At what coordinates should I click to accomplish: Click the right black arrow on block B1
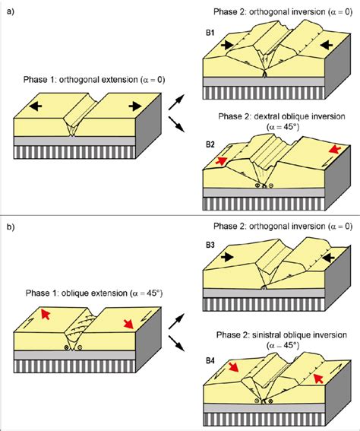tap(326, 45)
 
